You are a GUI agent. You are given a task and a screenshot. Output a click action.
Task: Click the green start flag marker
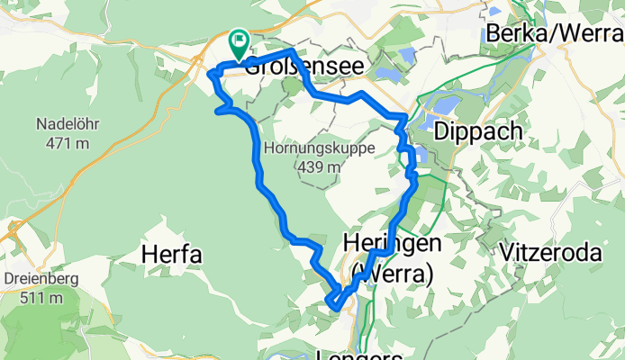click(x=240, y=40)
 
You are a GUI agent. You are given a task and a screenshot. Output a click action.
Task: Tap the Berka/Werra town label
click(x=554, y=32)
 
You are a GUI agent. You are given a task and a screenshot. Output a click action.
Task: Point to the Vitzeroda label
click(x=550, y=253)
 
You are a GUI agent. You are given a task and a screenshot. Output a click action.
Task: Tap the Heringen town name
click(x=393, y=242)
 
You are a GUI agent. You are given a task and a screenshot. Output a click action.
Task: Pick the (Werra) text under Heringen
click(x=391, y=271)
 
